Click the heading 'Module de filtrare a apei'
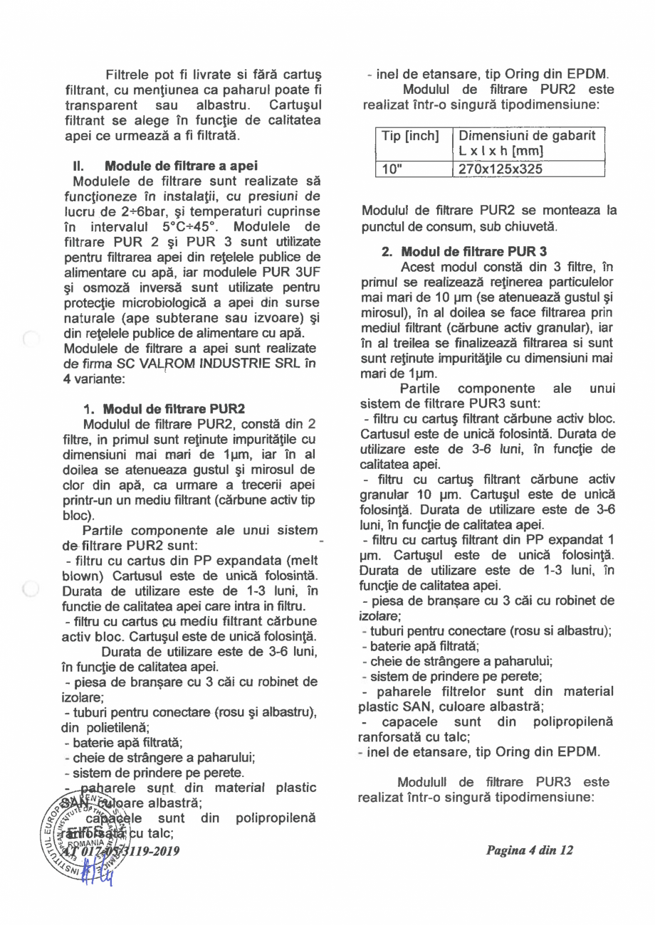click(181, 165)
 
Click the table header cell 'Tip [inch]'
click(412, 136)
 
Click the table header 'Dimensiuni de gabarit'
click(527, 136)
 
